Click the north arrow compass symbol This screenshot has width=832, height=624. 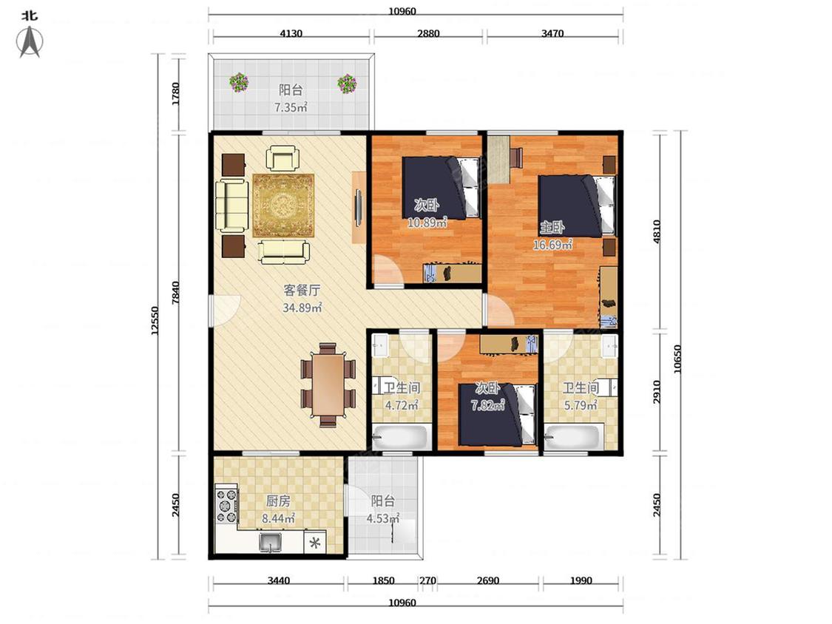[x=30, y=41]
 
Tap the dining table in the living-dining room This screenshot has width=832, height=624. [x=328, y=384]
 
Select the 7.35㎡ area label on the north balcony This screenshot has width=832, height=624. [x=291, y=108]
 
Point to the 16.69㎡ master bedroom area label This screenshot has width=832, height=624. [x=552, y=245]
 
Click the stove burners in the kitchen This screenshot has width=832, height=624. [x=226, y=505]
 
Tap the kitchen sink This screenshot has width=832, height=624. [x=271, y=543]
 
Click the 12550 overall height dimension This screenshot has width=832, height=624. [x=155, y=320]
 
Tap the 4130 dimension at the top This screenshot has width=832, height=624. [x=291, y=33]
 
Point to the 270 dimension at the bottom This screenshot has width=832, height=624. [x=427, y=580]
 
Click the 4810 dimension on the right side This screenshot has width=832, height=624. [x=657, y=232]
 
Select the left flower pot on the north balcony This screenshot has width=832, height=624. [x=239, y=82]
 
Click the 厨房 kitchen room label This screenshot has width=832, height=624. [x=278, y=501]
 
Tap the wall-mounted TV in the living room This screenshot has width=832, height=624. [x=359, y=207]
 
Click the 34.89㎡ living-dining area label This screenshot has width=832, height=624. [x=302, y=308]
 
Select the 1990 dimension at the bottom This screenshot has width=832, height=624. [x=581, y=580]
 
